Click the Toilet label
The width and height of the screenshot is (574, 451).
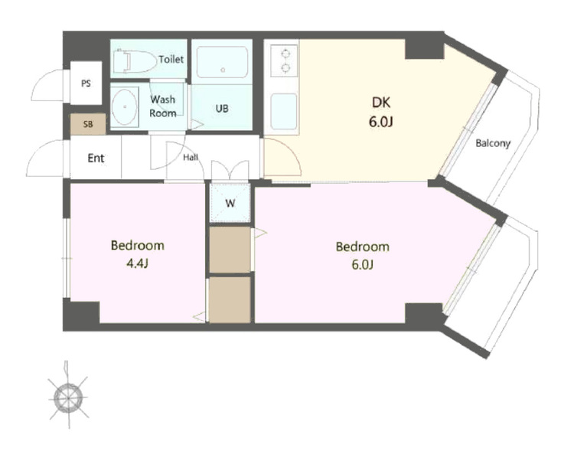[x=171, y=59]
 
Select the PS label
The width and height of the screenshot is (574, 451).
[x=86, y=83]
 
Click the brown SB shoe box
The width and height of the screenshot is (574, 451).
[x=88, y=124]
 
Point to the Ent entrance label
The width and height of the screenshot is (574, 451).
[x=96, y=159]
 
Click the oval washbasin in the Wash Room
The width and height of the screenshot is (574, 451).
[x=125, y=107]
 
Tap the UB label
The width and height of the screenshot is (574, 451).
[x=222, y=109]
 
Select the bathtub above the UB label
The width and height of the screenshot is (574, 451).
[x=222, y=61]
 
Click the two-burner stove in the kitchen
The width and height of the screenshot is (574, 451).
[x=285, y=60]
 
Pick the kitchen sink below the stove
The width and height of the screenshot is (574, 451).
[x=284, y=111]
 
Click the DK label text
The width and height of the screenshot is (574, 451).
[x=381, y=103]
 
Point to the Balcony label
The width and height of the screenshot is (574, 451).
[x=493, y=143]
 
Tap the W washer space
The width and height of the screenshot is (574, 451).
[x=230, y=203]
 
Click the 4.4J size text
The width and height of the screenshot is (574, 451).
[x=137, y=263]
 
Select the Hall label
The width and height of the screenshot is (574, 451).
[x=191, y=158]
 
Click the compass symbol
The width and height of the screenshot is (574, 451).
[x=68, y=397]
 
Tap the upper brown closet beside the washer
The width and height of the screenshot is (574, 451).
[x=230, y=250]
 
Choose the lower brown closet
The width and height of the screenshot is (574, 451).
[x=230, y=299]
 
